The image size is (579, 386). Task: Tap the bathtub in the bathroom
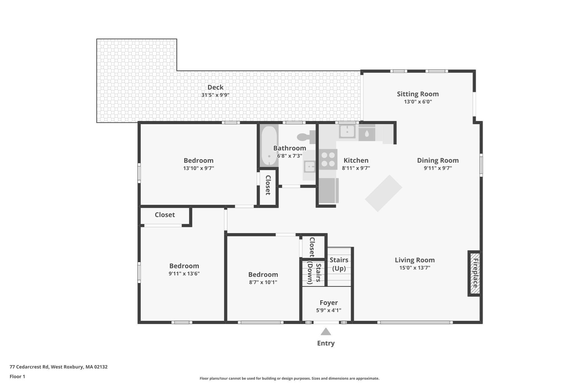pyautogui.click(x=269, y=146)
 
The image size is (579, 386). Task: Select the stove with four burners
pyautogui.click(x=328, y=159)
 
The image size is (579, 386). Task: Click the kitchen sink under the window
pyautogui.click(x=347, y=132)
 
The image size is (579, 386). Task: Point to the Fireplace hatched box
pyautogui.click(x=474, y=273)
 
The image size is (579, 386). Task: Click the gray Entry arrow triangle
pyautogui.click(x=326, y=331)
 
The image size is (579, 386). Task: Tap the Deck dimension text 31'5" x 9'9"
pyautogui.click(x=215, y=95)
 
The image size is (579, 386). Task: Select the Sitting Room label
pyautogui.click(x=418, y=94)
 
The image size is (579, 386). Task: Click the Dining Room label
pyautogui.click(x=438, y=160)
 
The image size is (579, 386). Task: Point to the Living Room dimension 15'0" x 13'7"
pyautogui.click(x=415, y=268)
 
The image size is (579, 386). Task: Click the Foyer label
pyautogui.click(x=329, y=303)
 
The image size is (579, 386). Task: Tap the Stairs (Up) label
pyautogui.click(x=339, y=264)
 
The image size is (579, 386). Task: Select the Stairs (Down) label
pyautogui.click(x=314, y=273)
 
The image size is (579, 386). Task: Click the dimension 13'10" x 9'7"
pyautogui.click(x=198, y=168)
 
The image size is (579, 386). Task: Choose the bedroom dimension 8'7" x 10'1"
pyautogui.click(x=263, y=282)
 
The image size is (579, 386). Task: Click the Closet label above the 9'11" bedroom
pyautogui.click(x=165, y=215)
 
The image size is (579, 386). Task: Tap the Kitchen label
pyautogui.click(x=356, y=160)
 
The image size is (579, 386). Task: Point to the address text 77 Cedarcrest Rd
pyautogui.click(x=29, y=367)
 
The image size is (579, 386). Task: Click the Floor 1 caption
pyautogui.click(x=17, y=376)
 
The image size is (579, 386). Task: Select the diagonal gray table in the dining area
pyautogui.click(x=383, y=193)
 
